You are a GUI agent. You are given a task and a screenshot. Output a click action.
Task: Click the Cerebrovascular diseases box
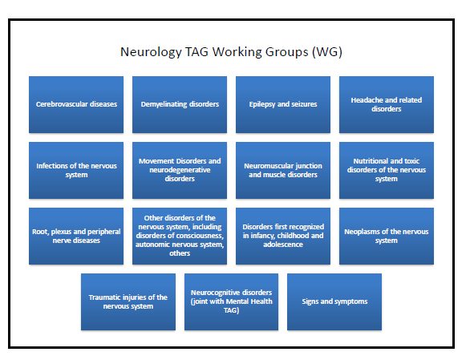click(76, 104)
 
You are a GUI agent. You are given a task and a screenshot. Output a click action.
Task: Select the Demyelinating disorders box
click(180, 104)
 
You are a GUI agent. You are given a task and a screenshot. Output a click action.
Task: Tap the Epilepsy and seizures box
click(283, 104)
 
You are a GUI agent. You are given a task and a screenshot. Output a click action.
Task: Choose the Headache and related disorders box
click(387, 104)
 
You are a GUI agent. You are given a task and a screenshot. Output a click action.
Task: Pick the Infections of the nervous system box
click(76, 170)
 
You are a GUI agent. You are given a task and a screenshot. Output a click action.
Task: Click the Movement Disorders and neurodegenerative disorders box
click(180, 170)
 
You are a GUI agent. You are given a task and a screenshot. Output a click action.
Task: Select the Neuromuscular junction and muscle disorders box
click(283, 170)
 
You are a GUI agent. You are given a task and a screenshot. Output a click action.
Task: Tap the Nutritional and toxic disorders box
click(387, 170)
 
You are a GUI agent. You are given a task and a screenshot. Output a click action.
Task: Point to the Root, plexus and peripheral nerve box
click(76, 236)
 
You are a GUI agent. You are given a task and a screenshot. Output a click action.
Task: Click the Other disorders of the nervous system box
click(180, 236)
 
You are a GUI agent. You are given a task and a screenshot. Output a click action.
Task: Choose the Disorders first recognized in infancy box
click(283, 236)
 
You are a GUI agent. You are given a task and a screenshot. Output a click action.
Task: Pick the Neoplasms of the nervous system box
click(387, 236)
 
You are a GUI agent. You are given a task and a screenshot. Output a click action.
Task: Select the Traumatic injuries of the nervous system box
click(128, 301)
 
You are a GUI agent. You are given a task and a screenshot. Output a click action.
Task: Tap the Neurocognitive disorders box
click(232, 301)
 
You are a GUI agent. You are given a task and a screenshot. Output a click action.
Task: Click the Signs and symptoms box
click(334, 301)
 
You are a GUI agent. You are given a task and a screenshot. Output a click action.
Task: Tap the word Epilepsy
click(263, 104)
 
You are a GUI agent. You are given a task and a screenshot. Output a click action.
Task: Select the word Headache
click(367, 100)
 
